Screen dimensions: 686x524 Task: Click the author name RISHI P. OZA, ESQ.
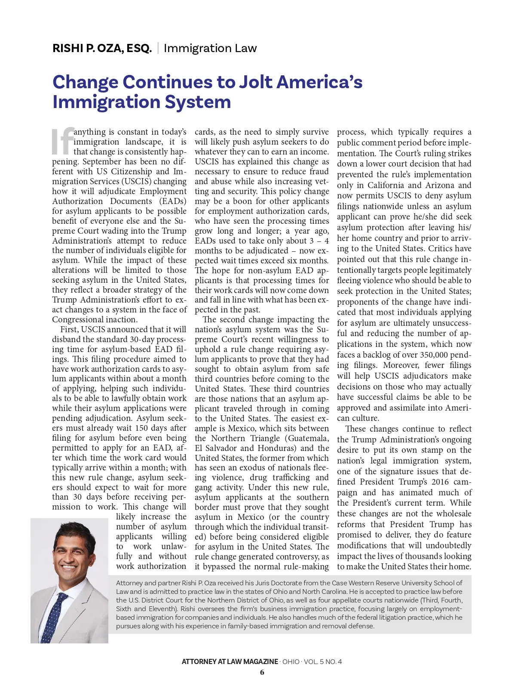coord(102,48)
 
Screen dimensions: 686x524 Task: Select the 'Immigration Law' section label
coord(210,48)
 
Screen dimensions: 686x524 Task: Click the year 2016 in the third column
coord(440,482)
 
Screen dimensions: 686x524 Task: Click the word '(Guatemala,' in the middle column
coord(308,438)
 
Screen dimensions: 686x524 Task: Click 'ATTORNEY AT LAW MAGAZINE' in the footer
coord(230,661)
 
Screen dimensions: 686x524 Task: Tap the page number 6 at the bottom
coord(262,672)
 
